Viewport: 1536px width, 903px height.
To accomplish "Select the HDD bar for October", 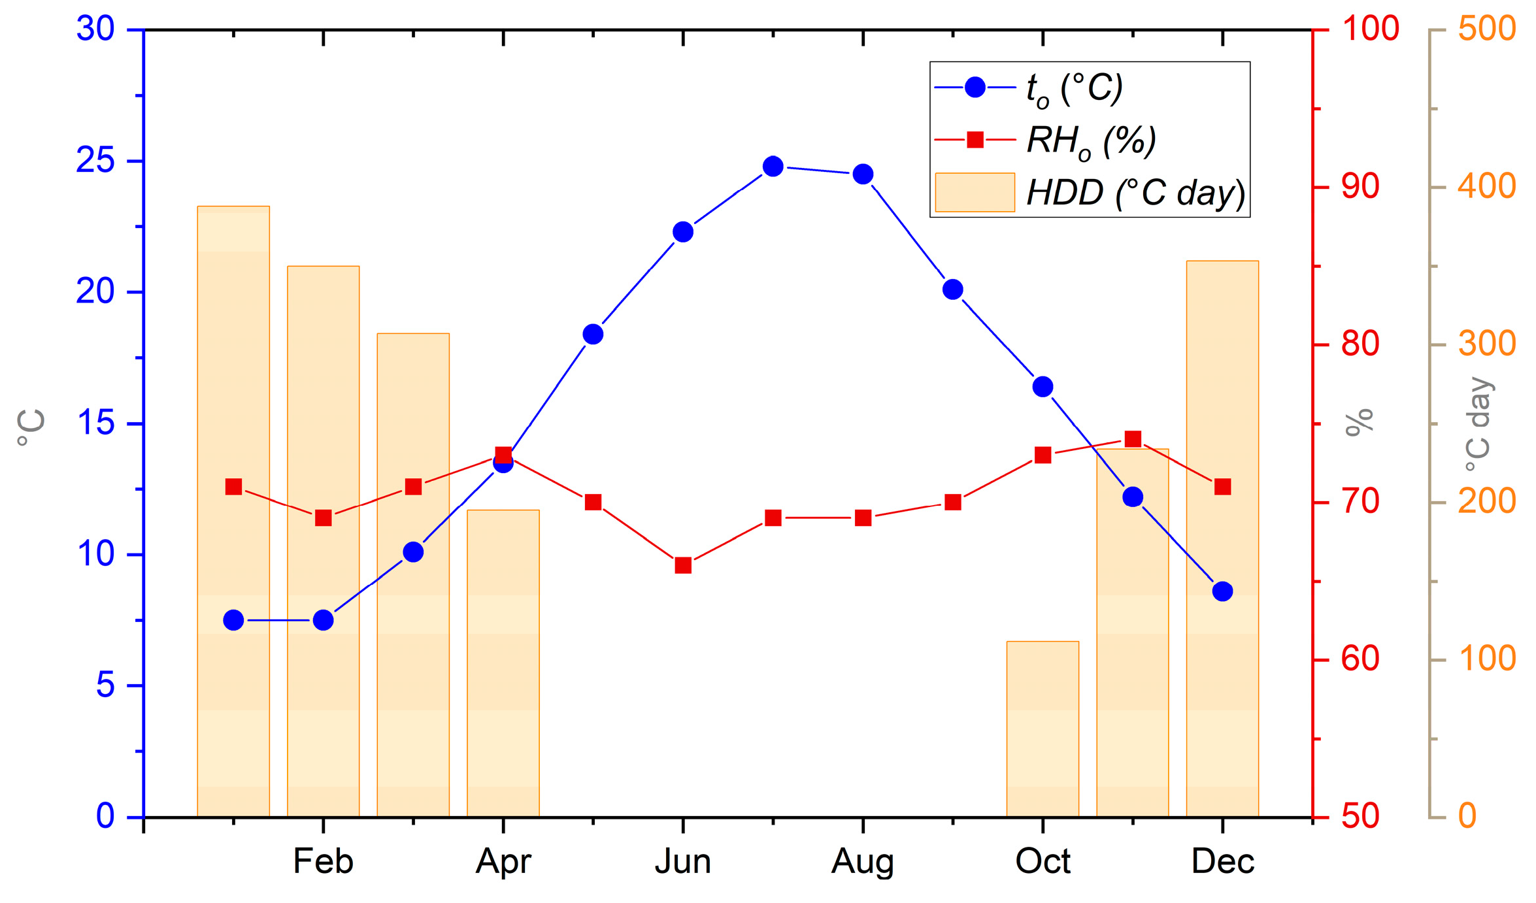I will pyautogui.click(x=1043, y=729).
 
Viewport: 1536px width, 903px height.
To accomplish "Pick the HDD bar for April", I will pyautogui.click(x=503, y=663).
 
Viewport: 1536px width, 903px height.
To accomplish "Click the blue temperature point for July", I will pyautogui.click(x=773, y=167).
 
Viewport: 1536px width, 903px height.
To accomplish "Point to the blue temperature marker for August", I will pyautogui.click(x=863, y=174).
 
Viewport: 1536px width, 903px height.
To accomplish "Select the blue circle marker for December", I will pyautogui.click(x=1222, y=591).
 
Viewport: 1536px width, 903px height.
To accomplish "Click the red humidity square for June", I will pyautogui.click(x=683, y=565).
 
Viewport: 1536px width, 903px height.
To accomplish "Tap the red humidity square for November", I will pyautogui.click(x=1133, y=439).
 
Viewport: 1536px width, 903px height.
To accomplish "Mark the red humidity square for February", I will pyautogui.click(x=324, y=518).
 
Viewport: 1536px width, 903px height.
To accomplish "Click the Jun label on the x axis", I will pyautogui.click(x=683, y=861).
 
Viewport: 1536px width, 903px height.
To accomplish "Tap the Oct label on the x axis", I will pyautogui.click(x=1043, y=861).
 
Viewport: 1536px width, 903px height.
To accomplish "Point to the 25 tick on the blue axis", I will pyautogui.click(x=95, y=161).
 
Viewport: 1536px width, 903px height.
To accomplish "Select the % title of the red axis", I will pyautogui.click(x=1360, y=423).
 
